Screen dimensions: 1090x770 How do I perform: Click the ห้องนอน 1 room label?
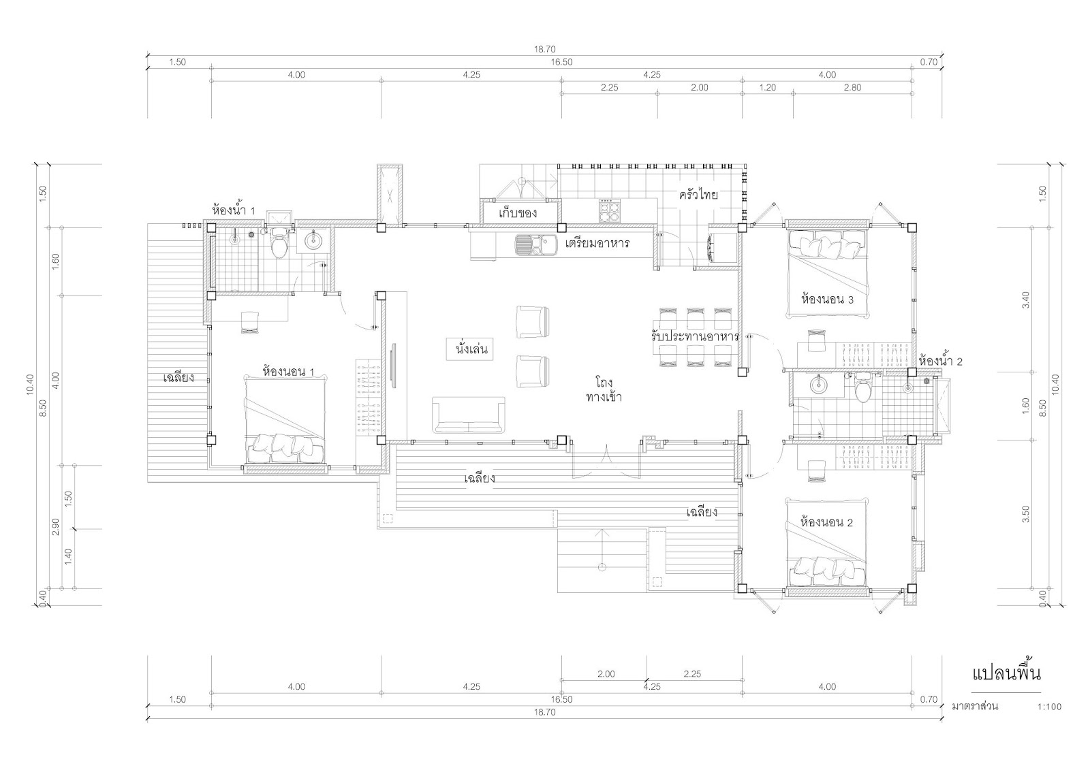[288, 372]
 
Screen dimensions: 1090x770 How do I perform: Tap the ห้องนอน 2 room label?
[827, 522]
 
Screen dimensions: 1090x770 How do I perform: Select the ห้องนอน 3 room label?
[827, 299]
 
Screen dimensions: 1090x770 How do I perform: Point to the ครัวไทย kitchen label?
[699, 195]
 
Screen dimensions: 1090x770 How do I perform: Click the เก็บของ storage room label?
[518, 212]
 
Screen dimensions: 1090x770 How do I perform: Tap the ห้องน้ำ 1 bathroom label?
[234, 210]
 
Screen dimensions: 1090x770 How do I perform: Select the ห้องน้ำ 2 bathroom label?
[941, 361]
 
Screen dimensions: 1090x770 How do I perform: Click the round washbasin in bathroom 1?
[314, 240]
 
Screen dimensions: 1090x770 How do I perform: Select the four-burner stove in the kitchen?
[609, 210]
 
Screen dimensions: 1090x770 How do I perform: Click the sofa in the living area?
[469, 415]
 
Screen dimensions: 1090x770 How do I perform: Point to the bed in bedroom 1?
[285, 420]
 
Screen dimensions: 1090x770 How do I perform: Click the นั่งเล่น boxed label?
[470, 349]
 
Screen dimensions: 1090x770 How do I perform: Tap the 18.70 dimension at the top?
[544, 49]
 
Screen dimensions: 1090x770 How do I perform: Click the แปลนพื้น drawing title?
[1006, 673]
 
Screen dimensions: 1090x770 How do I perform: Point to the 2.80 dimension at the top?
[852, 88]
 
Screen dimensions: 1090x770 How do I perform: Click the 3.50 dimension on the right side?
[1026, 514]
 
